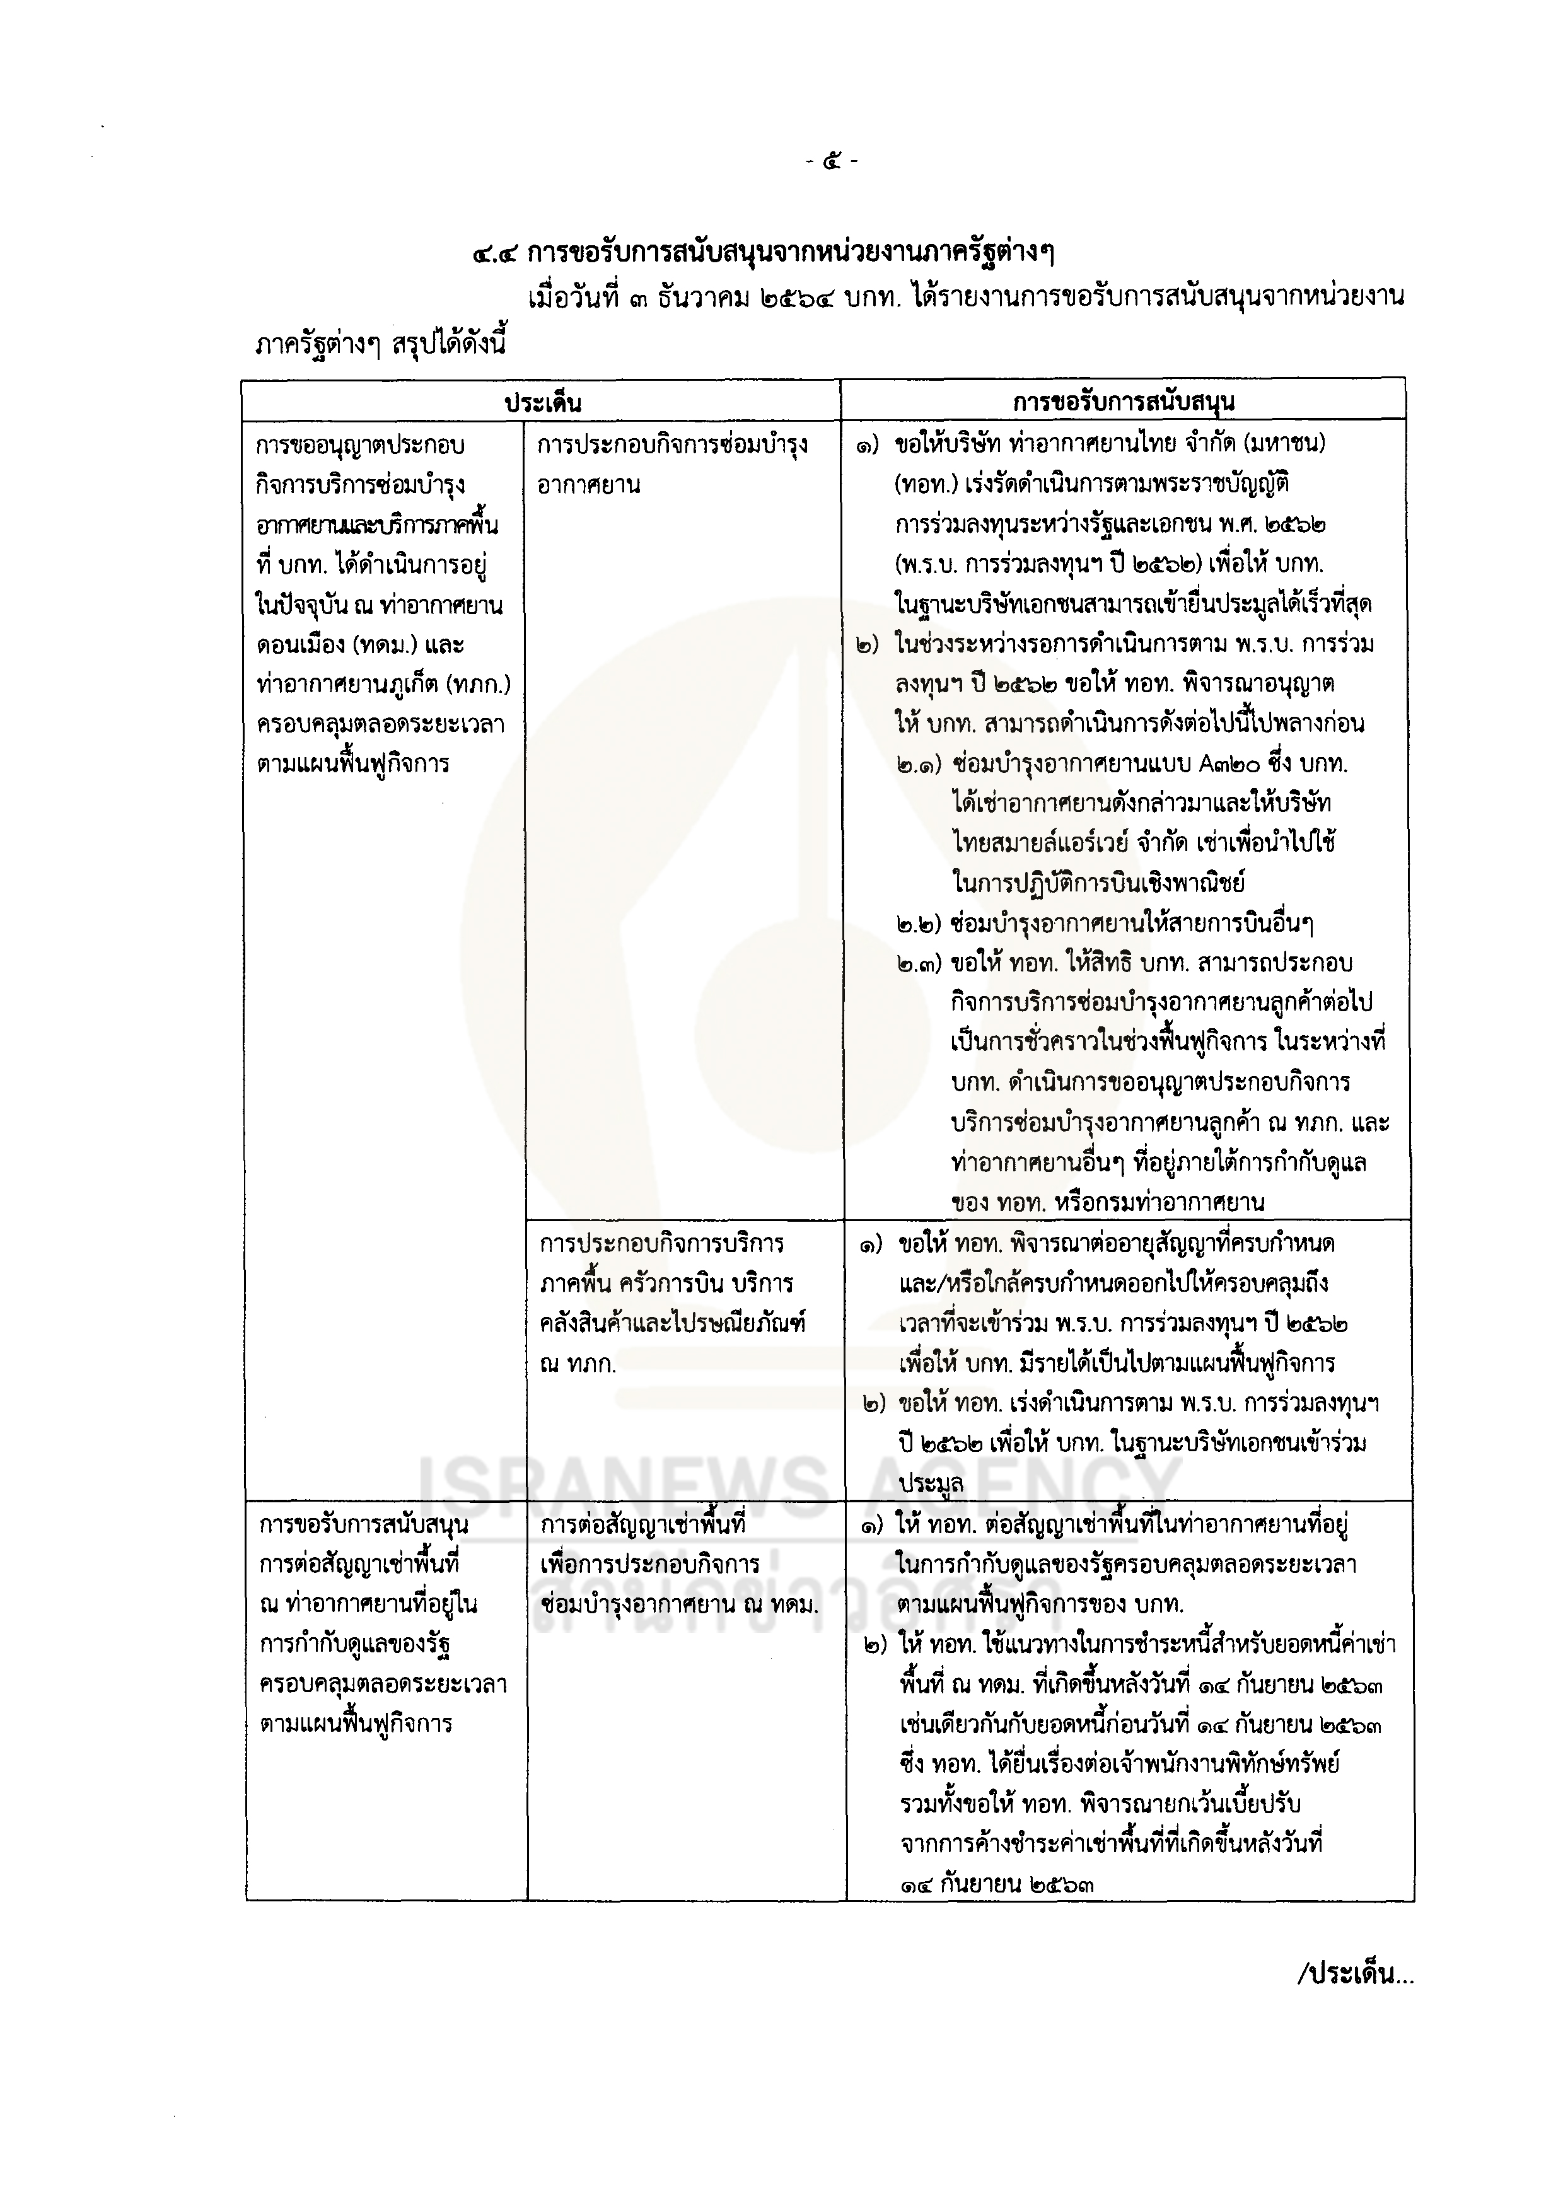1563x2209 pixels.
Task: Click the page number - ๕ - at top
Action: [x=832, y=161]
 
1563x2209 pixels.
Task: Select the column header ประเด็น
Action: [x=543, y=401]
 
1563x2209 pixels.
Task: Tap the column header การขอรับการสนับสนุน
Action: [x=1123, y=401]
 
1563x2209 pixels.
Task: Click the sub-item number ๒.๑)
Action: [x=919, y=764]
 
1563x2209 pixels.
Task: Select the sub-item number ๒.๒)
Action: [x=919, y=924]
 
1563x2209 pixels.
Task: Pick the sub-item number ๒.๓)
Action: [x=919, y=963]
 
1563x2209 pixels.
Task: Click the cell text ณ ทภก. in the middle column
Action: [x=578, y=1364]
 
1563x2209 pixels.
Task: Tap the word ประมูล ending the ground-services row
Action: [x=931, y=1483]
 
